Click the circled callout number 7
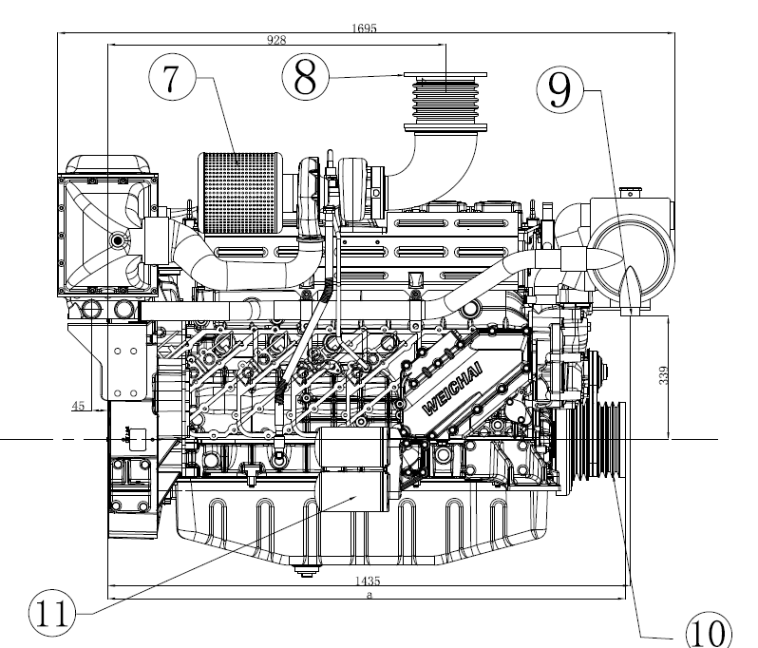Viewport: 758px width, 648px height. [173, 77]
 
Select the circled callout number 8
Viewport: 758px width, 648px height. [305, 76]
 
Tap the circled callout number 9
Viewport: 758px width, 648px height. [560, 89]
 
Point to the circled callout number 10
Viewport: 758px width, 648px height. [709, 631]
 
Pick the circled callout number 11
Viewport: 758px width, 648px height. [52, 614]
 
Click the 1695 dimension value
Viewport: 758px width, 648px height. [364, 29]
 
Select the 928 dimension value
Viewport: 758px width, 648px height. [276, 40]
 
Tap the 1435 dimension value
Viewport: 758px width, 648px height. [368, 581]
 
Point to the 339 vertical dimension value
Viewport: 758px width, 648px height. [664, 375]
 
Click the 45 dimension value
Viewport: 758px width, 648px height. [78, 406]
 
